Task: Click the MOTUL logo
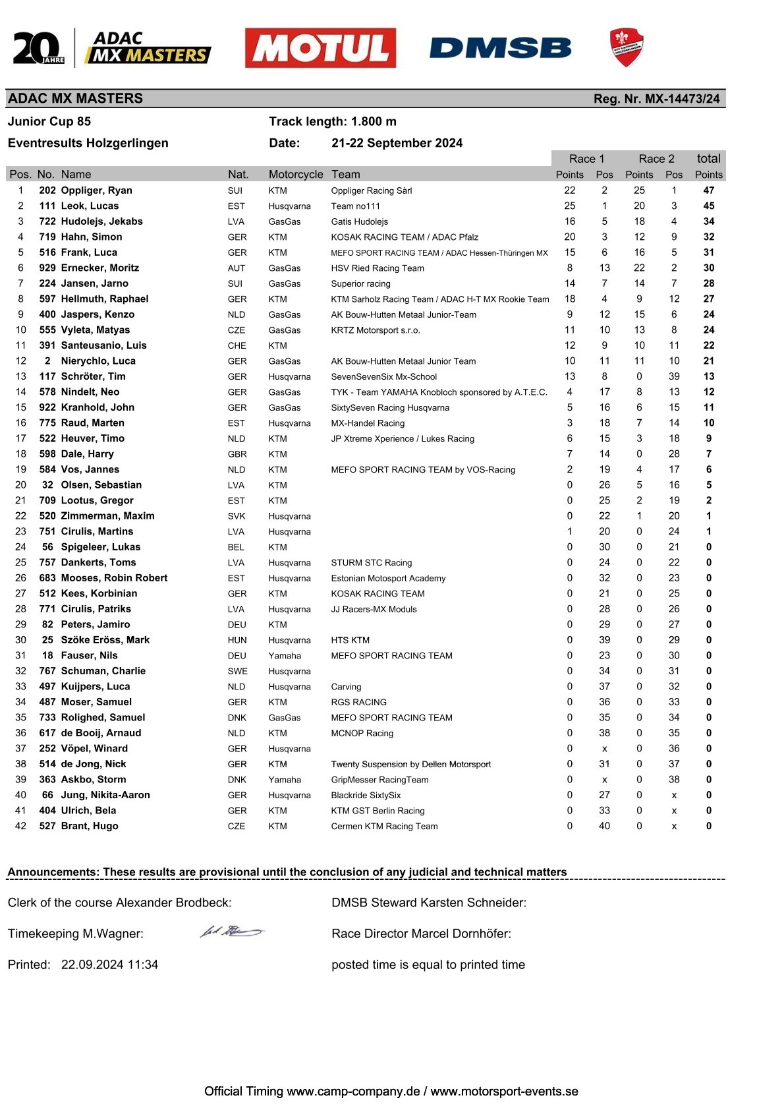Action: pos(320,48)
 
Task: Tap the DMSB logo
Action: pos(500,48)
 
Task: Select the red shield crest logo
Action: pos(626,47)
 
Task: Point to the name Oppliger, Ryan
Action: pos(96,190)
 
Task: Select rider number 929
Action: pos(47,268)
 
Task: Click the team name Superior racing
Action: pos(360,283)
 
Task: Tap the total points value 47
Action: pos(708,190)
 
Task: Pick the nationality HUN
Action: pos(237,640)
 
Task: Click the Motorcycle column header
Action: pos(296,175)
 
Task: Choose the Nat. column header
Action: pos(238,175)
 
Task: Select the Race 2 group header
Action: pos(656,159)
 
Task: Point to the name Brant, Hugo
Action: pos(90,826)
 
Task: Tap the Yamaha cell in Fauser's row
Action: pos(285,656)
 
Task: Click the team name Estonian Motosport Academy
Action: pos(388,578)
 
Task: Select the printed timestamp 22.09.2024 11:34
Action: pos(109,964)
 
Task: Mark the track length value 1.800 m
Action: pos(374,121)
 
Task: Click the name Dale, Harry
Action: pos(87,454)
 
